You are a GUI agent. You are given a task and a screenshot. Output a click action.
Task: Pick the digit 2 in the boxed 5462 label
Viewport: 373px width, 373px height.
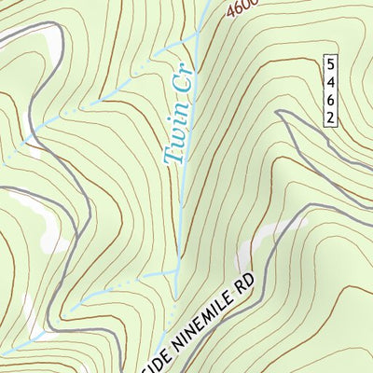330,117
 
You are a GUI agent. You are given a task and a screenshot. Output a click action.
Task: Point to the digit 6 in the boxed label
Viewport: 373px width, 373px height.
330,100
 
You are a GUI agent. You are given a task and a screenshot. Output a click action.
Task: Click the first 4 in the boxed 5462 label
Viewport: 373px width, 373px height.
330,82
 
